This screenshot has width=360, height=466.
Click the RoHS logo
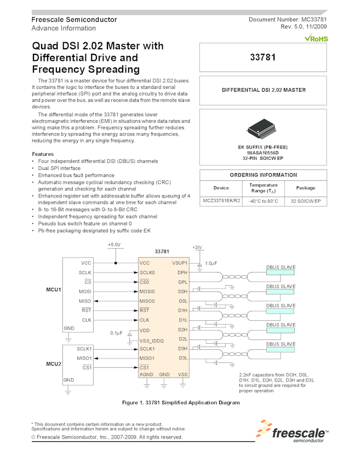[316, 39]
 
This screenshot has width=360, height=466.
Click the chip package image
[263, 127]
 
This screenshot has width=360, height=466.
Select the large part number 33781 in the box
[263, 56]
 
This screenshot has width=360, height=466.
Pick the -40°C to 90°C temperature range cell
[263, 201]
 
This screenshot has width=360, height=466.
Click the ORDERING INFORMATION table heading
[263, 175]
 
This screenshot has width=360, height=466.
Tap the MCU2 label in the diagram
[53, 362]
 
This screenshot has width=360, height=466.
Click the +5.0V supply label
[114, 245]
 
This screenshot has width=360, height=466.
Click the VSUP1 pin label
[179, 263]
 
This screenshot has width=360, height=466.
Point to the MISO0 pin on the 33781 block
[147, 301]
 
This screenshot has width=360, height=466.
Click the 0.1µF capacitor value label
[116, 333]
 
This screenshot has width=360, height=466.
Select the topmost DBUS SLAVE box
[280, 272]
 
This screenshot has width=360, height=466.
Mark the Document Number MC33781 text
[288, 20]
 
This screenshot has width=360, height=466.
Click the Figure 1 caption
[180, 403]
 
